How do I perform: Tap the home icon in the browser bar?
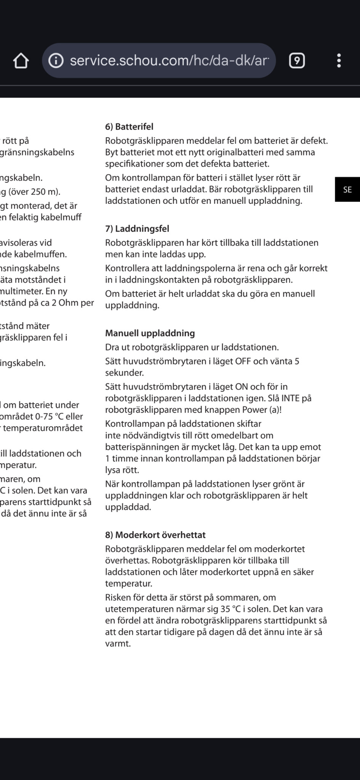click(21, 61)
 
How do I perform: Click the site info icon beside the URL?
click(56, 61)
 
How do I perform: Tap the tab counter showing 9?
click(297, 61)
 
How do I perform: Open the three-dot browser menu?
click(339, 61)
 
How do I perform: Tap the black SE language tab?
click(347, 189)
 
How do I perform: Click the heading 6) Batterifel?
click(129, 127)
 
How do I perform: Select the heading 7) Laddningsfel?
click(137, 229)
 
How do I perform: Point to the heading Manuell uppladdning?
click(150, 333)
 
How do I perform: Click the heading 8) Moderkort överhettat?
click(155, 535)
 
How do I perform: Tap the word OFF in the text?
click(243, 361)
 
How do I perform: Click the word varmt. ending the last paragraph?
click(118, 644)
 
